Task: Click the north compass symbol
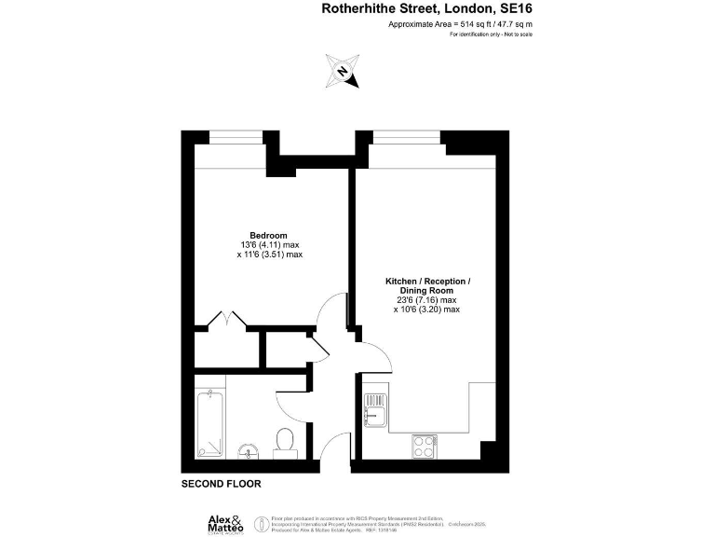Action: (343, 71)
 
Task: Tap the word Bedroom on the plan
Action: (268, 234)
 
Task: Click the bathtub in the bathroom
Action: (212, 425)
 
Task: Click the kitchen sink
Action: (375, 410)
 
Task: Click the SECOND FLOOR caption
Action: (221, 484)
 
